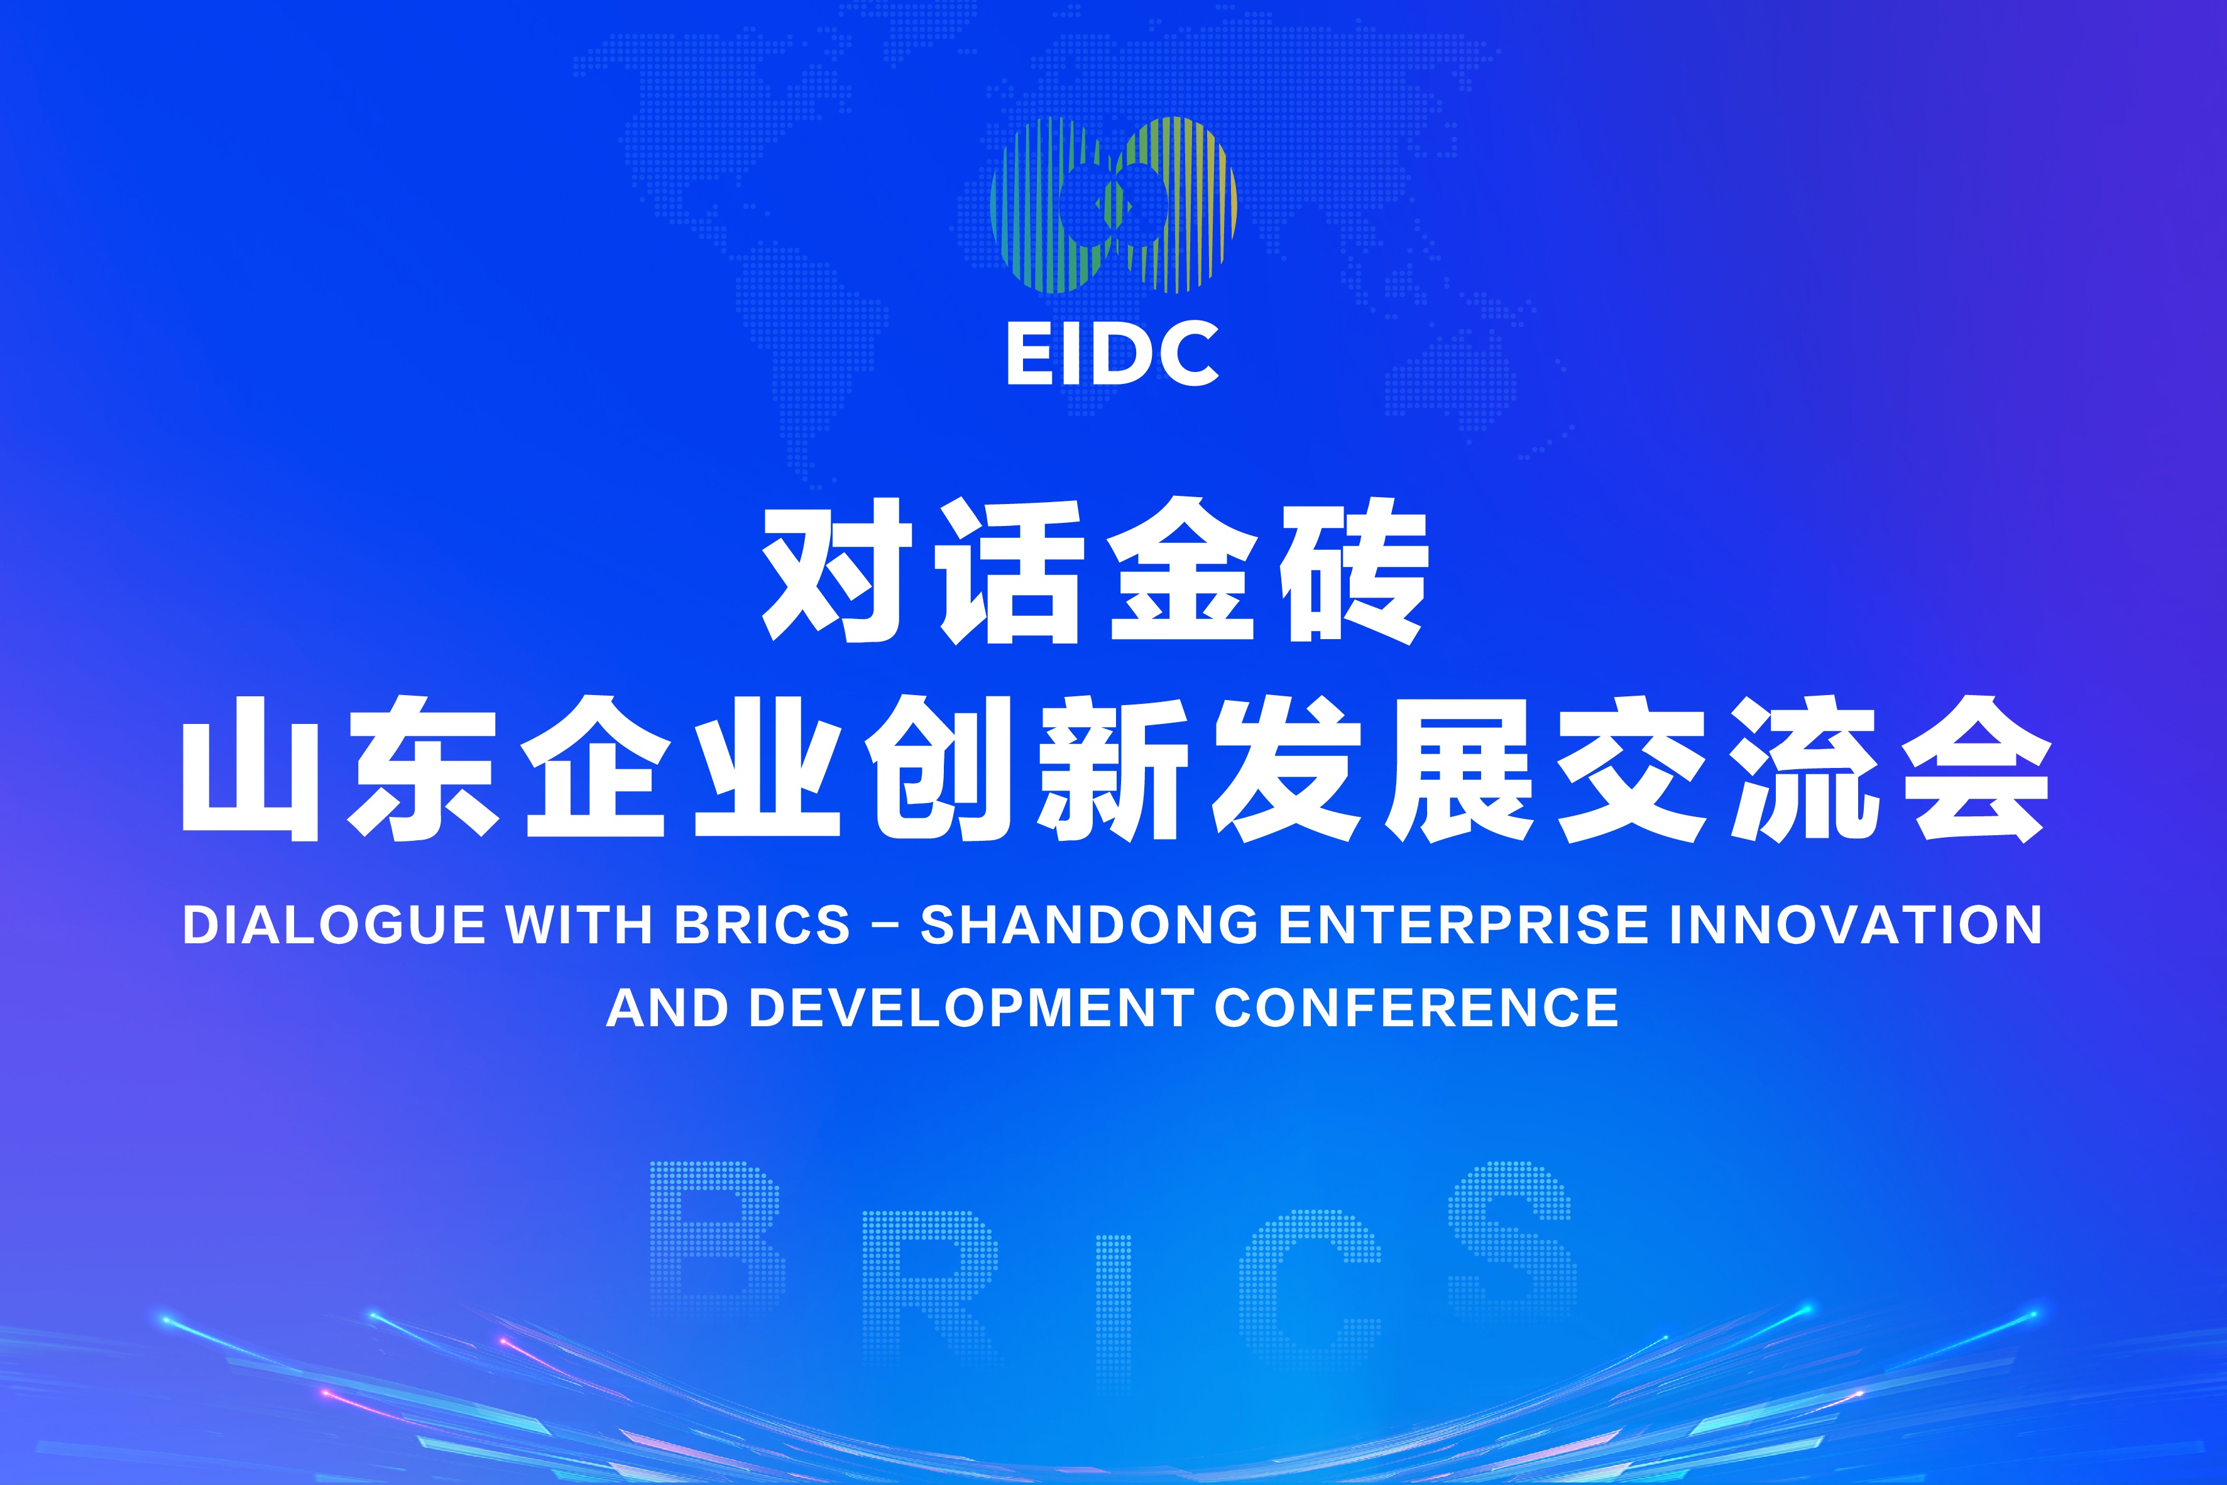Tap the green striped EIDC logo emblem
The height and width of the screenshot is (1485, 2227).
[1113, 205]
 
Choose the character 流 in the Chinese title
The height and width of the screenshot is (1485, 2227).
[1803, 769]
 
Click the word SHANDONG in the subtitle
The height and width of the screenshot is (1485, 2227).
[1089, 925]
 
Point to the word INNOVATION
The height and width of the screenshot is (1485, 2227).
[1856, 925]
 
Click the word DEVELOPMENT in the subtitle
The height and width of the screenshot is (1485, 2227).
[970, 1007]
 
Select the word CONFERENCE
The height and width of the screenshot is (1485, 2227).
[1416, 1007]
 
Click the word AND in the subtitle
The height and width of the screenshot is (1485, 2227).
[667, 1007]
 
